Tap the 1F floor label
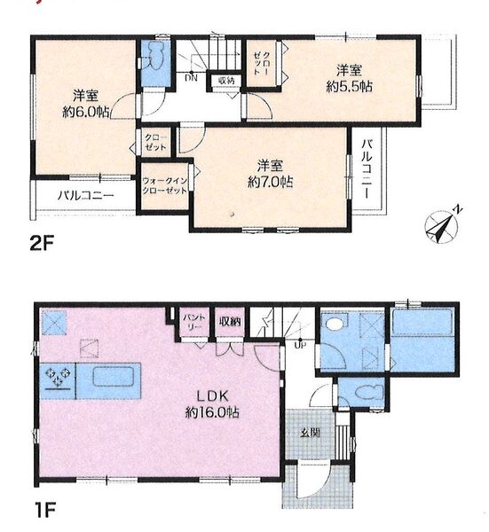coord(44,510)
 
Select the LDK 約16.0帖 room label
coord(212,404)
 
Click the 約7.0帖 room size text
coord(271,183)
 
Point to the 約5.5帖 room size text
coord(350,87)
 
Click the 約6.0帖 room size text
coord(85,112)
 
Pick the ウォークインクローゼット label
coord(165,185)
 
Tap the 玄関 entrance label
coord(310,433)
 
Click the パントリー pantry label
coord(194,322)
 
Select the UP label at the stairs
coord(301,346)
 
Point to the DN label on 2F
coord(191,78)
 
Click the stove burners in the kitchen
coord(58,377)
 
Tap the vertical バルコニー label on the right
coord(366,168)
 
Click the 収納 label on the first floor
coord(230,321)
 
